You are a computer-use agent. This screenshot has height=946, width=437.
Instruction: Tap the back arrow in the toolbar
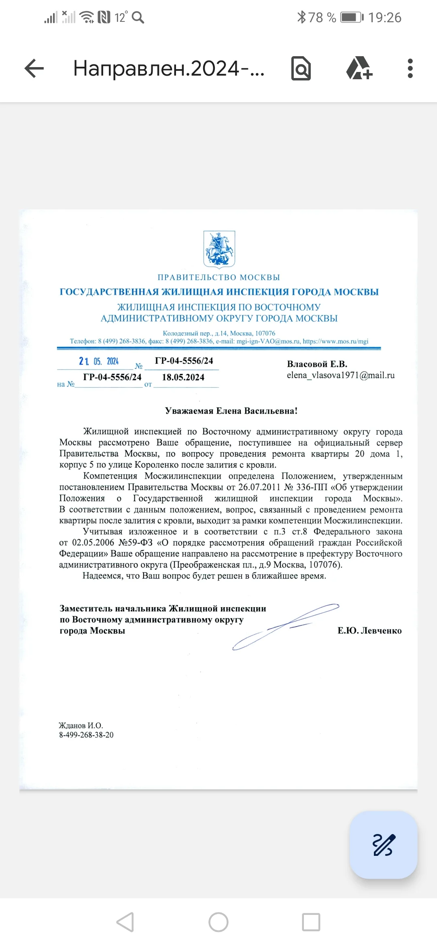[34, 68]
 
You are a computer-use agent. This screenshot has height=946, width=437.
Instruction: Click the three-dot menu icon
[410, 68]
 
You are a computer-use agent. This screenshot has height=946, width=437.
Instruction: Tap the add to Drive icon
[359, 68]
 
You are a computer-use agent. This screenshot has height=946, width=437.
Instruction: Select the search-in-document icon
[301, 68]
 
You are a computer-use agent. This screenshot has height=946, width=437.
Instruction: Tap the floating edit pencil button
[383, 845]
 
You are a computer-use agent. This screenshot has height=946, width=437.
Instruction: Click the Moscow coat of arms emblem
[219, 249]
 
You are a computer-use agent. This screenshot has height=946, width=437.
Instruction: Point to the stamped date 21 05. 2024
[99, 361]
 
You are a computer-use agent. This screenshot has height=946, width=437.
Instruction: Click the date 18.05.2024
[183, 377]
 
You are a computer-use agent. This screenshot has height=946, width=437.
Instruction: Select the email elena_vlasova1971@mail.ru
[341, 375]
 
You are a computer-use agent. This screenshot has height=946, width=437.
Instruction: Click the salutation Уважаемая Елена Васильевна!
[231, 411]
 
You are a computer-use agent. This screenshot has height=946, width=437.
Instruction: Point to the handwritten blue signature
[285, 626]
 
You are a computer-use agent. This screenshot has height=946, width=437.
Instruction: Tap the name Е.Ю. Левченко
[369, 631]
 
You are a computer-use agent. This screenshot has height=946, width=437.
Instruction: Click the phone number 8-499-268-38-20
[86, 735]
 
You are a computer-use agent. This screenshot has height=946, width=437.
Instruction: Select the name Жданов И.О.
[81, 725]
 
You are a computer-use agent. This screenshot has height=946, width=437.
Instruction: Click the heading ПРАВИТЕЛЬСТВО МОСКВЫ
[218, 277]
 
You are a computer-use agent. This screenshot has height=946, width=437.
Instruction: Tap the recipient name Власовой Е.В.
[317, 364]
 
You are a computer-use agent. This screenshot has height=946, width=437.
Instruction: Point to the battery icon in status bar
[351, 17]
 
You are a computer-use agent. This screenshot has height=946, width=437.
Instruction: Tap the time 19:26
[384, 17]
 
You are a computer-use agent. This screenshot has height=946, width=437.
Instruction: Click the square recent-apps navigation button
[311, 922]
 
